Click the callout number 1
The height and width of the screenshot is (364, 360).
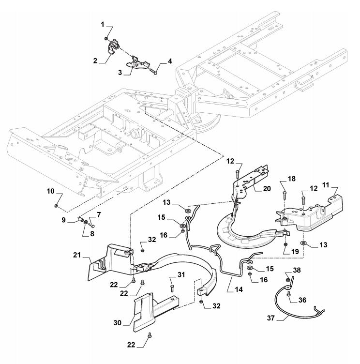coord(102,24)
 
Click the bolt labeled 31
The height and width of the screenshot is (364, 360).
coord(172,287)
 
